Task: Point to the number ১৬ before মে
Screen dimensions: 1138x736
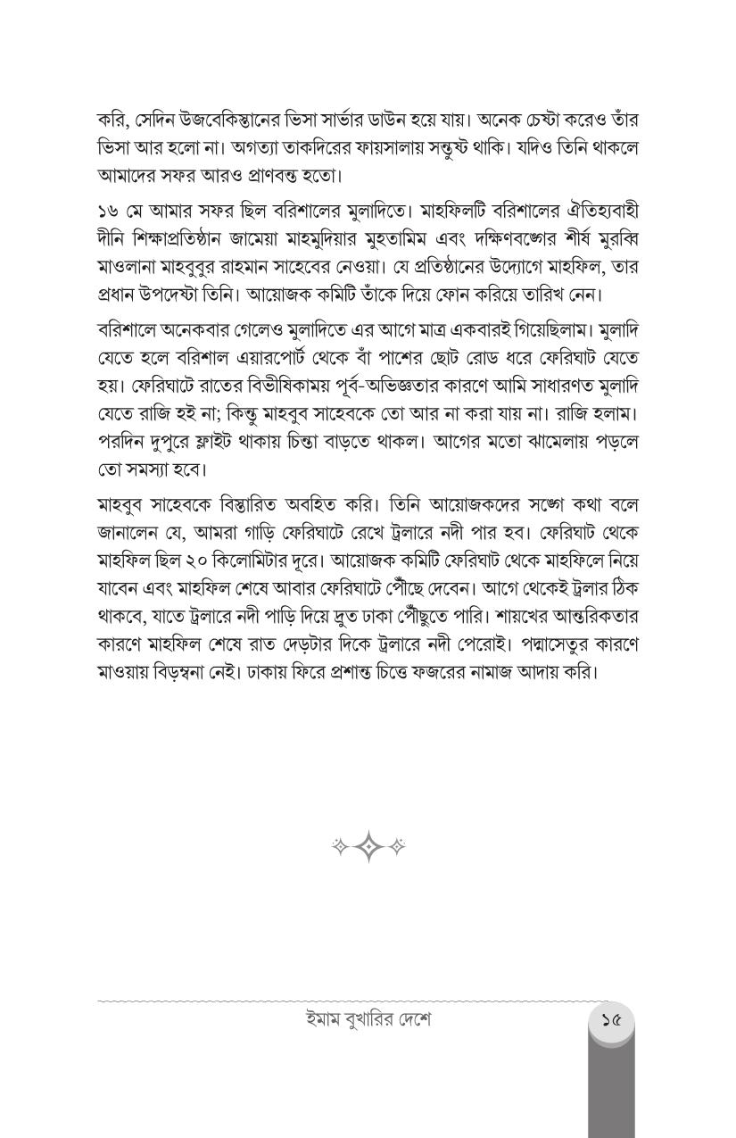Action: coord(107,212)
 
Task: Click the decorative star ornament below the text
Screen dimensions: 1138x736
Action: coord(368,846)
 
